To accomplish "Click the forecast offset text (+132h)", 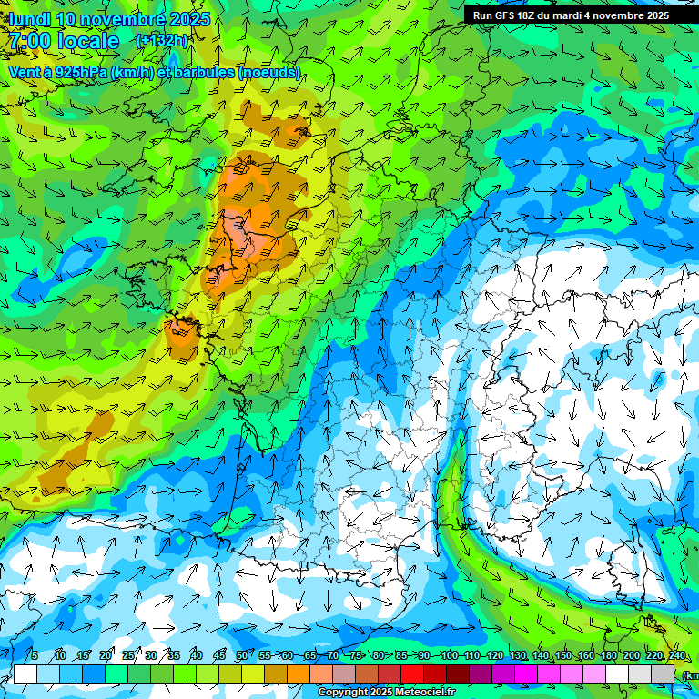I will [162, 40].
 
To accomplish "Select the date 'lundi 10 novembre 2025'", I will [109, 19].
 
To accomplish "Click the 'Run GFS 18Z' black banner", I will [571, 15].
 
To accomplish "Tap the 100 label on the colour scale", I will [449, 655].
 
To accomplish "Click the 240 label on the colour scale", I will [676, 655].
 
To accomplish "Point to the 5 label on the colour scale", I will [35, 655].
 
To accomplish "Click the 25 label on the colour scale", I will [128, 655].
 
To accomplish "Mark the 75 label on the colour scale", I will [357, 655].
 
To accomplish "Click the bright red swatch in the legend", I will [412, 674].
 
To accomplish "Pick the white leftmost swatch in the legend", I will [25, 674].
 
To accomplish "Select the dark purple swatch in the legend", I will [481, 674].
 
